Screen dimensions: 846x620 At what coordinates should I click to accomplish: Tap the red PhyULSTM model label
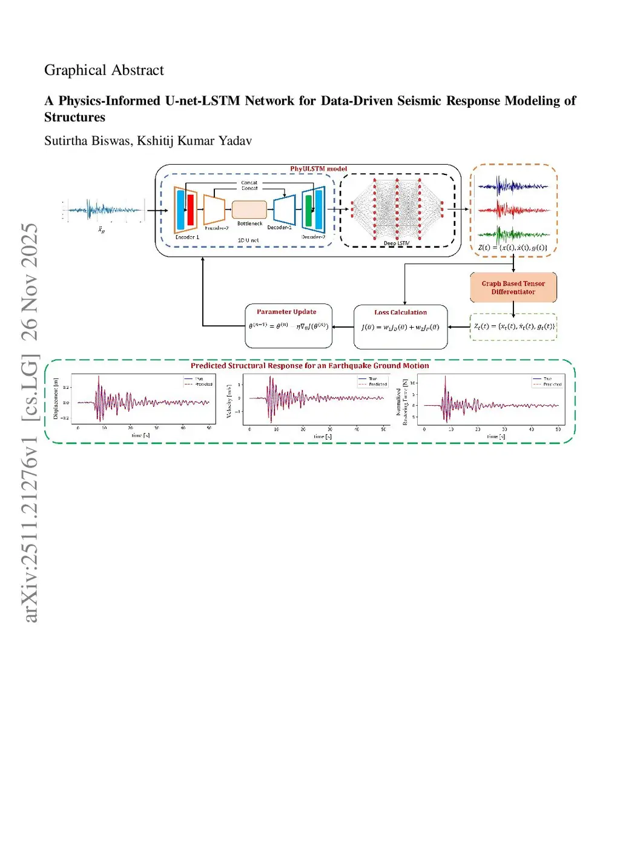(318, 169)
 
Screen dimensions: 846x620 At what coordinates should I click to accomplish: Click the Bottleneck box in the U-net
(249, 210)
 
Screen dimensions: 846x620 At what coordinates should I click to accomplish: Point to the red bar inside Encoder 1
(191, 210)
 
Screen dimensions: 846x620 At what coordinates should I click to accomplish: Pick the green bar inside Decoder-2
(309, 210)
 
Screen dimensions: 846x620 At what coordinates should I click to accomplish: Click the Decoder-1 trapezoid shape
(285, 210)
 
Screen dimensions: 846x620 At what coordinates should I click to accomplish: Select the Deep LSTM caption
(397, 243)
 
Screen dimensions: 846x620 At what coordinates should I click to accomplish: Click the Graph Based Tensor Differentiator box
(513, 288)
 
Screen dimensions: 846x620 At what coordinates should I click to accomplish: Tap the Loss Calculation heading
(400, 312)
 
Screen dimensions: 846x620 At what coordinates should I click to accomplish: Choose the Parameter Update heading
(286, 312)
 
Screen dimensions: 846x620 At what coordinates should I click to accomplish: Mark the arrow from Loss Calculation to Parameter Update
(343, 327)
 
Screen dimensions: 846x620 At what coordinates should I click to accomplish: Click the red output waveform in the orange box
(513, 210)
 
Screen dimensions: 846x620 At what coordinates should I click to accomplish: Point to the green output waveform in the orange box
(513, 234)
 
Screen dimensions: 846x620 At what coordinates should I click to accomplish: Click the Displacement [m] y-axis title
(56, 398)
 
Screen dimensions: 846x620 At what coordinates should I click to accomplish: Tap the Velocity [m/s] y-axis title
(229, 400)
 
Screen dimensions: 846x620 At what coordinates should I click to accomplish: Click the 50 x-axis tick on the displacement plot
(209, 428)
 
